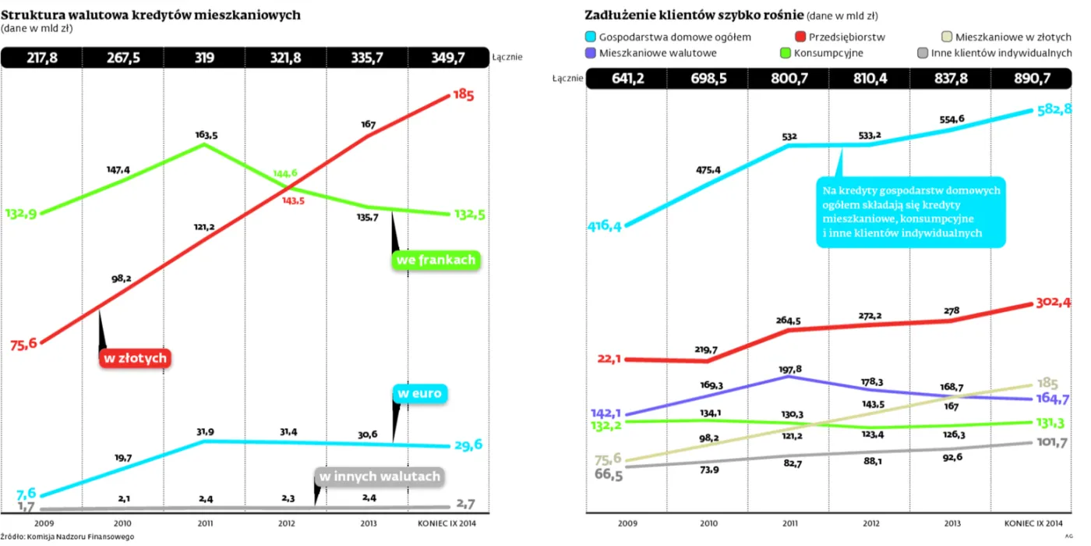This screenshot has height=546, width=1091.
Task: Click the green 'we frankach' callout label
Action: coord(436,260)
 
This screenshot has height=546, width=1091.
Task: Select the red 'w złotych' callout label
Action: coord(135,358)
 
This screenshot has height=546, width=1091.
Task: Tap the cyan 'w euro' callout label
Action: coord(419,393)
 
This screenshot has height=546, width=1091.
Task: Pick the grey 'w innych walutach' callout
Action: coord(380,477)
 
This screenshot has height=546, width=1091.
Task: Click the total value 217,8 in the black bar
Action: coord(42,58)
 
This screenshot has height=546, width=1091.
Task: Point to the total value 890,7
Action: coord(1032,79)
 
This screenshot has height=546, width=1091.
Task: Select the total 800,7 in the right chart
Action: coord(789,79)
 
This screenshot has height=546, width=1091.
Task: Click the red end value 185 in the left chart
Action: coord(463,94)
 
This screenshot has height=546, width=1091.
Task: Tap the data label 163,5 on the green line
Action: coord(207,134)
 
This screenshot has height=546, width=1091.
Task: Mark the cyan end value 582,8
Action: coord(1054,109)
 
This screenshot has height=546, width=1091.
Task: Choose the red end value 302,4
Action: coord(1053,303)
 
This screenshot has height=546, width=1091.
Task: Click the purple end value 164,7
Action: coord(1053,399)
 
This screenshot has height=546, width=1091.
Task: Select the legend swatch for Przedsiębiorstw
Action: coord(800,37)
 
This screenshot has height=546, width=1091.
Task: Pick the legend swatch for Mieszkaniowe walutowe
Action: coord(591,53)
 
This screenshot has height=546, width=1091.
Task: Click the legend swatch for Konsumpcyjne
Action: coord(786,53)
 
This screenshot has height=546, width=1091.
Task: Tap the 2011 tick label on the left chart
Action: coord(205,523)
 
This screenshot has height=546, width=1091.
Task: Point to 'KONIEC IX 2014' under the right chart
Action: coord(1033,523)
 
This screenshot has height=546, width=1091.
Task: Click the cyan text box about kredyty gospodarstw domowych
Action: coord(911,212)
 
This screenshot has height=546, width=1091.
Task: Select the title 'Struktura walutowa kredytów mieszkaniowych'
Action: coord(150,15)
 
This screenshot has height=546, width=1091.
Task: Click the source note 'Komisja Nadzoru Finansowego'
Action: coord(80,537)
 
